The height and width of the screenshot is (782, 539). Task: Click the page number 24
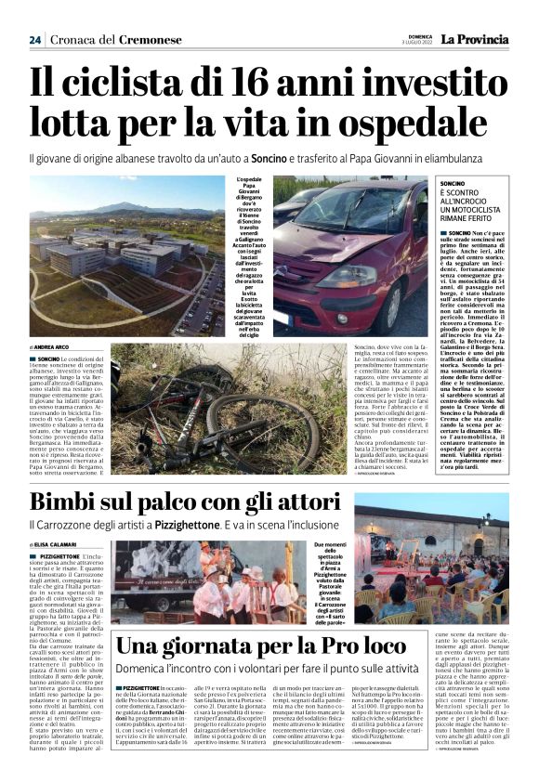[x=35, y=40]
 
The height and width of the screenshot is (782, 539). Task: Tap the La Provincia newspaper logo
[x=475, y=39]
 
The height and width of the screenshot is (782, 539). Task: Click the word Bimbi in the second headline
[x=71, y=504]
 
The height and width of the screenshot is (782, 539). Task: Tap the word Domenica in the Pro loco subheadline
[x=143, y=670]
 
